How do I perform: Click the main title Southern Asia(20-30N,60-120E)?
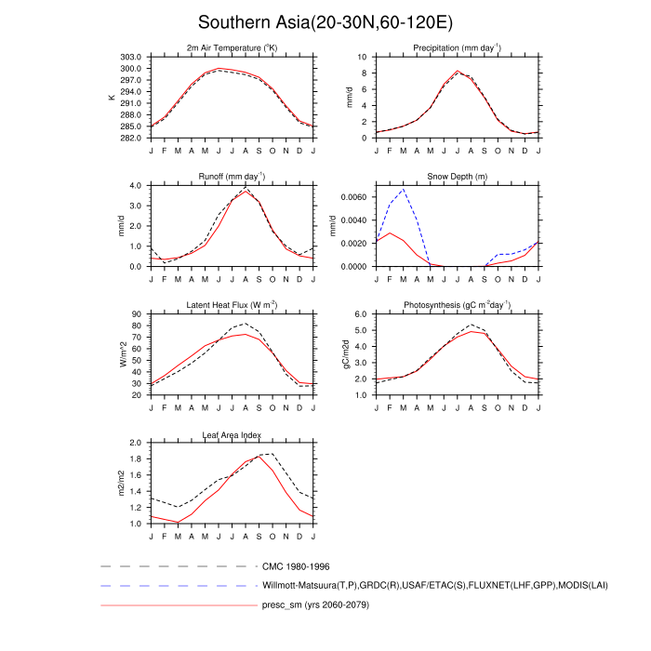[x=325, y=21]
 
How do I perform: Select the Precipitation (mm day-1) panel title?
[x=457, y=47]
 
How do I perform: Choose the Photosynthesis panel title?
[x=457, y=305]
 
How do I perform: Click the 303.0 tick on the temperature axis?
[x=130, y=57]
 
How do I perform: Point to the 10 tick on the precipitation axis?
[x=365, y=57]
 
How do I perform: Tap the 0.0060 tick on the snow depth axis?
[x=353, y=198]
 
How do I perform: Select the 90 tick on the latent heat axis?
[x=136, y=314]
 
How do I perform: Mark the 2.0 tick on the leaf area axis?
[x=134, y=444]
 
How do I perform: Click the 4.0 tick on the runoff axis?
[x=134, y=185]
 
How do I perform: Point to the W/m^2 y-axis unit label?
[x=112, y=354]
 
